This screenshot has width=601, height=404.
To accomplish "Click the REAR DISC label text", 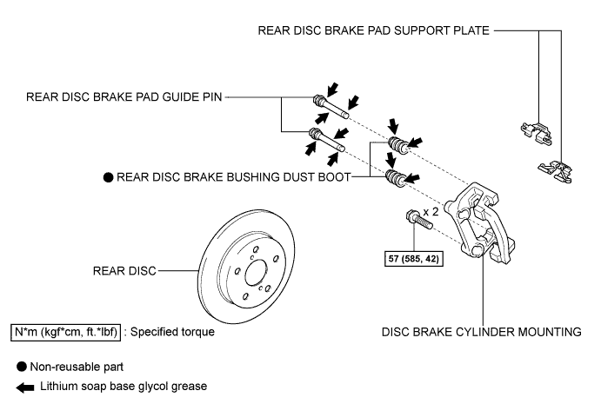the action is [124, 271].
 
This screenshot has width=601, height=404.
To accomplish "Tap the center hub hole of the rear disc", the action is [255, 273].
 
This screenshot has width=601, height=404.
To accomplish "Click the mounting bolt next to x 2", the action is [419, 219].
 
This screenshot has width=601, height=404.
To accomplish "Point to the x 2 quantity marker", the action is [431, 211].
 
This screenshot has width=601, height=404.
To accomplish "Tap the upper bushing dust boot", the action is [398, 145].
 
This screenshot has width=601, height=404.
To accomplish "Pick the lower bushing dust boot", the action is [396, 178].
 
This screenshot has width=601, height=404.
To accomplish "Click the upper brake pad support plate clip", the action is [537, 134].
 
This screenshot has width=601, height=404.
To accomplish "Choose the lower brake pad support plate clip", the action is [556, 171].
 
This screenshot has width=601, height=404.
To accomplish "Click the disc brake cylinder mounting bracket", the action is [480, 223].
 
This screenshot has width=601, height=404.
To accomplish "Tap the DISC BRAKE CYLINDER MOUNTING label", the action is [482, 332].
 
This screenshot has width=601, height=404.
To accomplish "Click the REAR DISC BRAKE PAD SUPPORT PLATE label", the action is [373, 30].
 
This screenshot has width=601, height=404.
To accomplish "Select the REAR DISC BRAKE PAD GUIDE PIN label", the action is [124, 97].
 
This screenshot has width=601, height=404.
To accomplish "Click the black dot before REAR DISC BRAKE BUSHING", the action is [109, 177].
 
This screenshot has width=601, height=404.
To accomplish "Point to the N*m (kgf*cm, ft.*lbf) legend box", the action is [65, 332].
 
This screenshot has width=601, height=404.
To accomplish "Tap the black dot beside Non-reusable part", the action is [22, 367].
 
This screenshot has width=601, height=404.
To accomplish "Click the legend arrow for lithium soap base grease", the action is [25, 387].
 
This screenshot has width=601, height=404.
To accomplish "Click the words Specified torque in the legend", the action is [172, 332].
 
